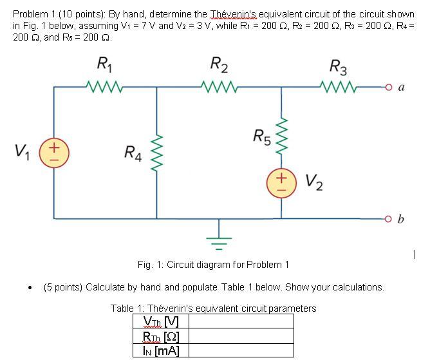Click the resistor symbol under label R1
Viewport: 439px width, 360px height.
[x=103, y=85]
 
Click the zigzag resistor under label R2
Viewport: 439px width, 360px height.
[x=219, y=85]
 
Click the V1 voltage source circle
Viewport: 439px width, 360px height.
[x=53, y=155]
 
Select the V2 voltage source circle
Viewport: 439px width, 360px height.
[x=281, y=183]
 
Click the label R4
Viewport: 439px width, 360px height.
[x=133, y=153]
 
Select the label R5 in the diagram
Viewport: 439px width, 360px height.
[x=261, y=137]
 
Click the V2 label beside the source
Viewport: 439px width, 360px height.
[x=313, y=184]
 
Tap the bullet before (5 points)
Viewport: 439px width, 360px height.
[x=30, y=288]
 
